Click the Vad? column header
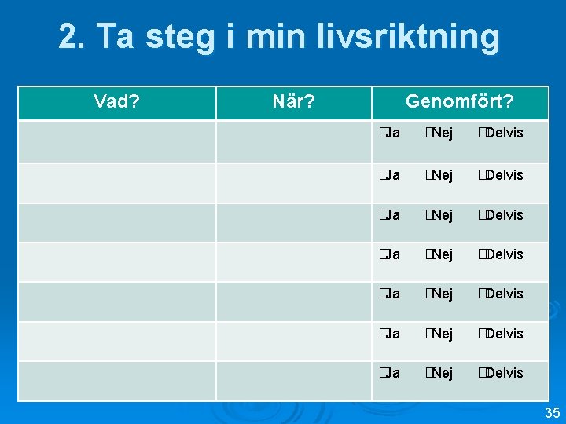pyautogui.click(x=117, y=102)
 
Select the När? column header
pyautogui.click(x=294, y=102)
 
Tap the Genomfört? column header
pyautogui.click(x=460, y=102)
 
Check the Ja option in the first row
pyautogui.click(x=388, y=133)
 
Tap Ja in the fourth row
pyautogui.click(x=388, y=254)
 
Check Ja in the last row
pyautogui.click(x=388, y=373)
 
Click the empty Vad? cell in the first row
pyautogui.click(x=117, y=141)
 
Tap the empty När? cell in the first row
pyautogui.click(x=294, y=141)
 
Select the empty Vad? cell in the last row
pyautogui.click(x=117, y=381)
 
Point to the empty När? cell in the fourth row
pyautogui.click(x=294, y=261)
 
